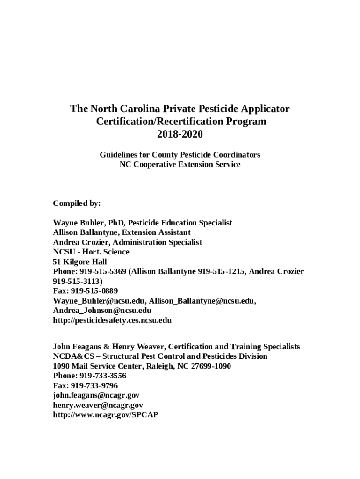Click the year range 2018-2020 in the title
click(x=180, y=134)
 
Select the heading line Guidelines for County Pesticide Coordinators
click(x=180, y=154)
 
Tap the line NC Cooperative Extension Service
click(x=180, y=164)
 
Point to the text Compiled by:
click(x=77, y=203)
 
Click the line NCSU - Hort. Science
click(x=91, y=252)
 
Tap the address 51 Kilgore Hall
click(x=80, y=261)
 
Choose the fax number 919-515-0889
click(x=91, y=291)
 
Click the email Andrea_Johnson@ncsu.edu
click(x=102, y=311)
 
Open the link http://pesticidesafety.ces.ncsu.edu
click(x=112, y=320)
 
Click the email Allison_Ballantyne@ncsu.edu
click(x=202, y=301)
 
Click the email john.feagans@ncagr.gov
click(x=96, y=395)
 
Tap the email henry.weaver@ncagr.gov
click(x=98, y=405)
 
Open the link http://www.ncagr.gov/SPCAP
click(x=105, y=414)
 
